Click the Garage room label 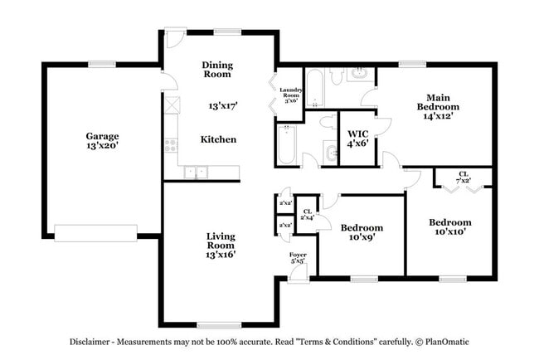tap(102, 141)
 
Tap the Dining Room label tap(217, 70)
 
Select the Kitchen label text tap(218, 139)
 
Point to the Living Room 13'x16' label tap(221, 246)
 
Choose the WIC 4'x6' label tap(357, 138)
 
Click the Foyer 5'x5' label tap(297, 258)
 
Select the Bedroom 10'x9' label tap(362, 232)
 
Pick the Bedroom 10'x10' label tap(449, 226)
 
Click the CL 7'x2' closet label tap(463, 177)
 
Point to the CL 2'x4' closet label tap(307, 214)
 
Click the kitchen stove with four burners tap(171, 146)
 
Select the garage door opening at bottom tap(95, 232)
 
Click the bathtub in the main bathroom tap(316, 89)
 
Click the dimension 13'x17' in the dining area tap(222, 106)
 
